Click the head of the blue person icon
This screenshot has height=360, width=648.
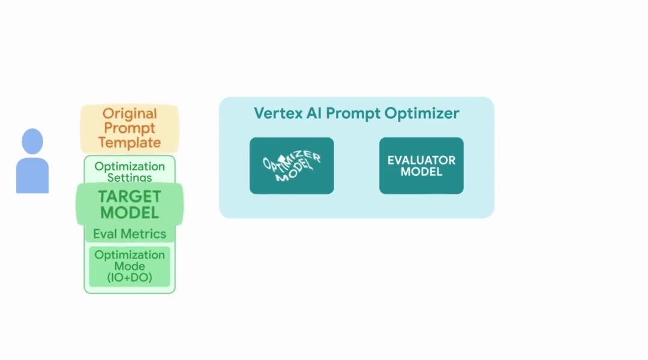click(32, 142)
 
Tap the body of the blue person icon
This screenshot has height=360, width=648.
click(32, 175)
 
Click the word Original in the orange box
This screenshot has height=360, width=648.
click(130, 113)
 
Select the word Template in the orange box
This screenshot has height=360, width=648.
click(130, 143)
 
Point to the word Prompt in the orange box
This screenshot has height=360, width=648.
click(130, 128)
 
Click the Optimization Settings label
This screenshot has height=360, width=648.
click(130, 172)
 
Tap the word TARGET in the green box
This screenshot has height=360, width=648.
click(130, 197)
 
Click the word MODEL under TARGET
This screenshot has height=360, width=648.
click(130, 213)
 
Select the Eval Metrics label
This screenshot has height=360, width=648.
click(130, 234)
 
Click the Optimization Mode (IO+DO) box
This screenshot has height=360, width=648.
click(130, 266)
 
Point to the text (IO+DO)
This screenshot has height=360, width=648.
click(130, 277)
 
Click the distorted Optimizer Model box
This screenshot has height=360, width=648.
click(292, 166)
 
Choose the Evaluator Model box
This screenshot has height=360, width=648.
click(422, 166)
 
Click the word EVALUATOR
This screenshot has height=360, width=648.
click(422, 160)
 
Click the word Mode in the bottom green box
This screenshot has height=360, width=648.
click(130, 266)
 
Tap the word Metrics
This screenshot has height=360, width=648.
click(143, 234)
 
